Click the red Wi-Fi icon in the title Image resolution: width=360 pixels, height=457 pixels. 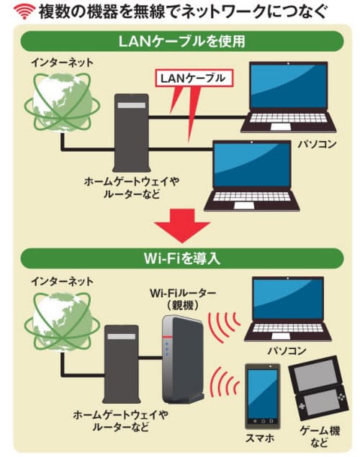pyautogui.click(x=24, y=12)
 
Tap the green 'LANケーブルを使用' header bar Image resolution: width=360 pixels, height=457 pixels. pyautogui.click(x=182, y=41)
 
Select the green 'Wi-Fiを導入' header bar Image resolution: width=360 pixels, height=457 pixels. pyautogui.click(x=182, y=258)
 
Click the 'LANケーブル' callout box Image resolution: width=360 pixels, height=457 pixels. pyautogui.click(x=194, y=78)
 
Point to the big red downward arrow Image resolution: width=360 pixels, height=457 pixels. pyautogui.click(x=182, y=225)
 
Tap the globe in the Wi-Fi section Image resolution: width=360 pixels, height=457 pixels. pyautogui.click(x=62, y=322)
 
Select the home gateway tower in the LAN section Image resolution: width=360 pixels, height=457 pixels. pyautogui.click(x=132, y=132)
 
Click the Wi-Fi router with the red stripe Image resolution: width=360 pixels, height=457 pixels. pyautogui.click(x=183, y=358)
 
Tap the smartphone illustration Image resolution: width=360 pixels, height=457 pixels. pyautogui.click(x=262, y=396)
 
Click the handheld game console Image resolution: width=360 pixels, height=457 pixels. pyautogui.click(x=319, y=388)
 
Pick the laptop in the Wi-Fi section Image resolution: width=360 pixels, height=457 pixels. pyautogui.click(x=288, y=309)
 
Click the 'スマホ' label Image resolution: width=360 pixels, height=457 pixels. pyautogui.click(x=260, y=438)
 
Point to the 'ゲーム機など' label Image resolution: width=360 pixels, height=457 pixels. pyautogui.click(x=320, y=437)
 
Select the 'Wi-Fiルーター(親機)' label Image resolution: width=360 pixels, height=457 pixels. pyautogui.click(x=183, y=299)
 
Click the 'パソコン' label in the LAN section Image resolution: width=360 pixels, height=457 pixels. pyautogui.click(x=317, y=144)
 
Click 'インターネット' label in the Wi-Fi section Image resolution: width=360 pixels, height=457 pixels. pyautogui.click(x=62, y=281)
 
